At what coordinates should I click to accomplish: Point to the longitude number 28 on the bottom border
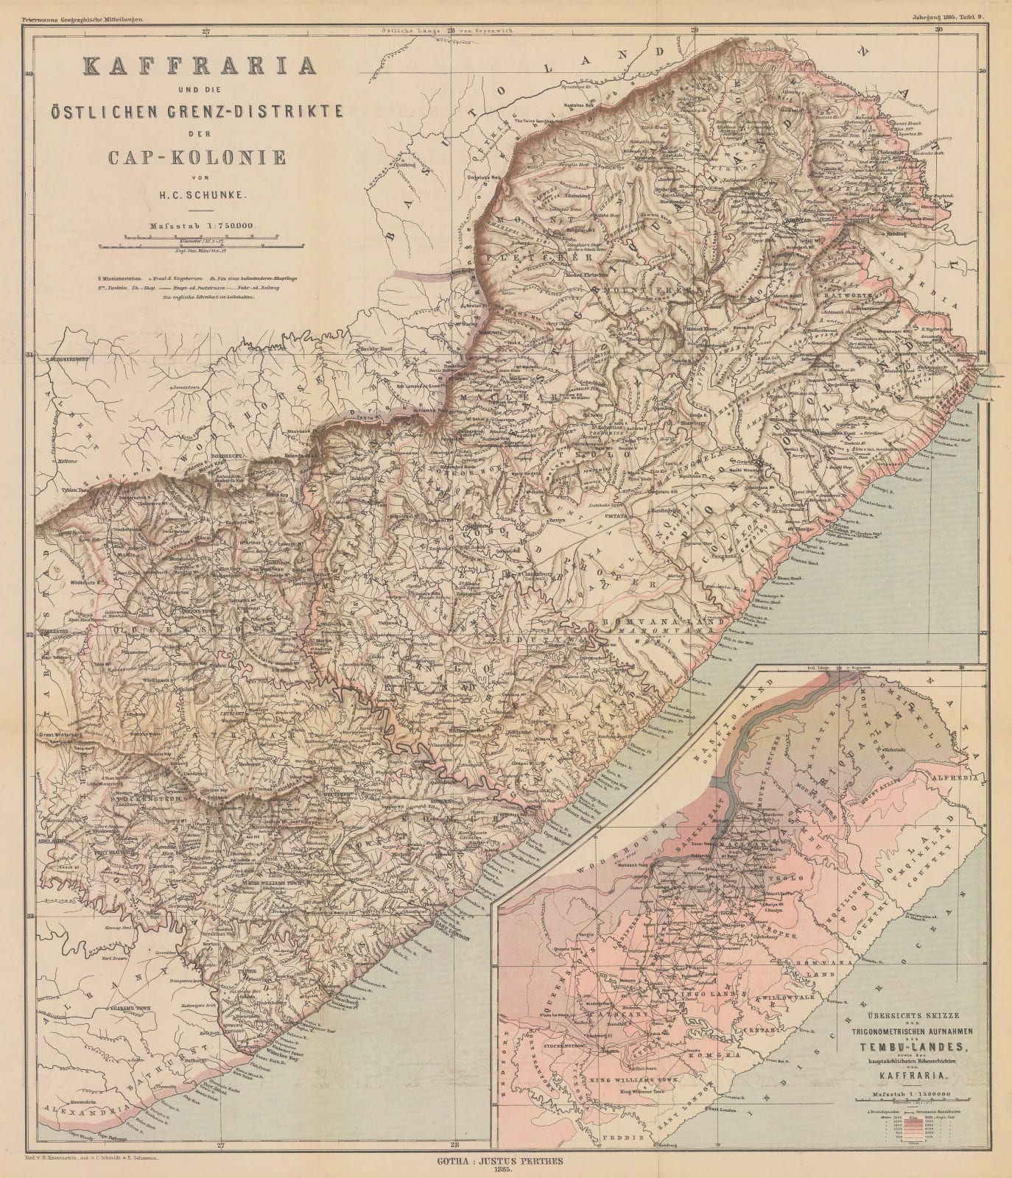pyautogui.click(x=454, y=1144)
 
